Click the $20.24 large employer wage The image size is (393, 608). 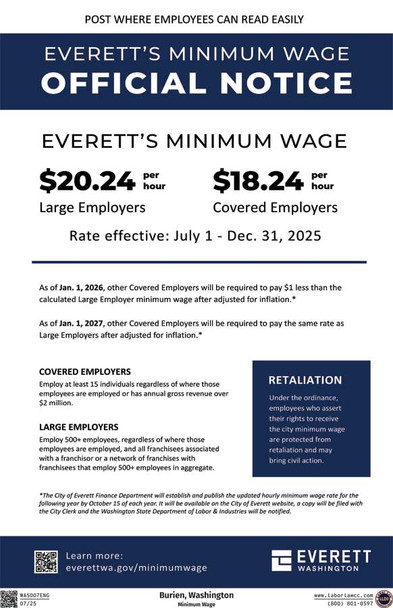tap(88, 180)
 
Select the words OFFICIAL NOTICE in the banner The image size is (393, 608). tap(196, 82)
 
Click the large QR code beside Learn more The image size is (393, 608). tap(46, 561)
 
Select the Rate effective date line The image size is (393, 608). tap(196, 237)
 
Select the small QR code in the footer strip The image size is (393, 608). tap(9, 598)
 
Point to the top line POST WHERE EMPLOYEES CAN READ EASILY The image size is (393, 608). tap(196, 19)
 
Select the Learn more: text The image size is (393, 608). tap(95, 555)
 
